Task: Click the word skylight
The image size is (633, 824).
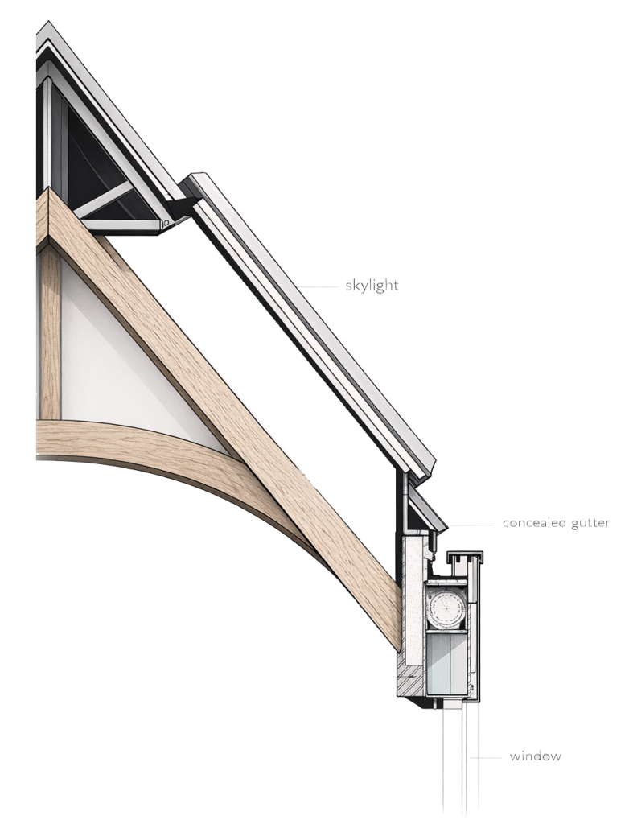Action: click(371, 286)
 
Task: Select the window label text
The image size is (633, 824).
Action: click(535, 756)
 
